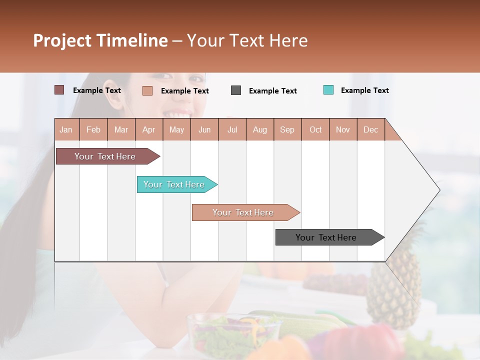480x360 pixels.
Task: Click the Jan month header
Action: [x=66, y=129]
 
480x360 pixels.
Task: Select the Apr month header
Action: [x=149, y=129]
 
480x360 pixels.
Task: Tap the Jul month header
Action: [x=232, y=129]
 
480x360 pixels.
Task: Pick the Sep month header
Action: [x=287, y=129]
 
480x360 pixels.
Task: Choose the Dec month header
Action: [x=370, y=129]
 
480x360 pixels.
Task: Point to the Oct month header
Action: [x=315, y=129]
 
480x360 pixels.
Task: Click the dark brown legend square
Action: [x=59, y=90]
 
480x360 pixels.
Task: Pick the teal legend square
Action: [x=328, y=90]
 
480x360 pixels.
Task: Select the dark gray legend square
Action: [x=236, y=90]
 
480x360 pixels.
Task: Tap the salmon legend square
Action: [x=147, y=90]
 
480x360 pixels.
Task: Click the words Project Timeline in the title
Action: [x=100, y=40]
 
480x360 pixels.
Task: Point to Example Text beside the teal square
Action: [x=364, y=90]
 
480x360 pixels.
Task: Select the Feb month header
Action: [x=93, y=129]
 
